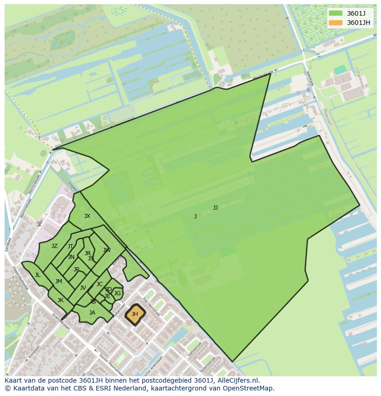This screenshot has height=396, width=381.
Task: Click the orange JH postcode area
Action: pyautogui.click(x=135, y=315)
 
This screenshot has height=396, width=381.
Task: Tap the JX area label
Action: pyautogui.click(x=87, y=216)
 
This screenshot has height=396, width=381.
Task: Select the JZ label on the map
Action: pyautogui.click(x=54, y=246)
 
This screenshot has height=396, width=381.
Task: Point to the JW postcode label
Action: pyautogui.click(x=107, y=250)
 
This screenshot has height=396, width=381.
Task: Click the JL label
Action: pyautogui.click(x=37, y=275)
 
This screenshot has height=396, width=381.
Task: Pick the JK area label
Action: pyautogui.click(x=60, y=300)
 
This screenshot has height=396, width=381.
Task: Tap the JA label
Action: pyautogui.click(x=92, y=313)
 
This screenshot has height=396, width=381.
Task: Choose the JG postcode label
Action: pyautogui.click(x=117, y=293)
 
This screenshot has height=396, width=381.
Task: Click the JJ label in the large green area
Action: pyautogui.click(x=215, y=208)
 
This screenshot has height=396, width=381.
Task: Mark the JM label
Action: pyautogui.click(x=58, y=281)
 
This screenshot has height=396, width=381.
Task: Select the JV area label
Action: pyautogui.click(x=83, y=288)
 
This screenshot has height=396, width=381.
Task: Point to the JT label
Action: pyautogui.click(x=70, y=247)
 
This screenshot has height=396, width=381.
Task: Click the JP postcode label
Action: pyautogui.click(x=76, y=270)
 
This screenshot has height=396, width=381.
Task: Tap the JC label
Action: pyautogui.click(x=99, y=284)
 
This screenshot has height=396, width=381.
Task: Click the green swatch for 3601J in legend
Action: pyautogui.click(x=336, y=13)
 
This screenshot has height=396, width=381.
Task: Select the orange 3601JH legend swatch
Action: pyautogui.click(x=336, y=23)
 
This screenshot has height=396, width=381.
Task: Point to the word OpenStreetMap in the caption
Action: pyautogui.click(x=249, y=388)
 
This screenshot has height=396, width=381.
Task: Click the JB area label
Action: pyautogui.click(x=93, y=302)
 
